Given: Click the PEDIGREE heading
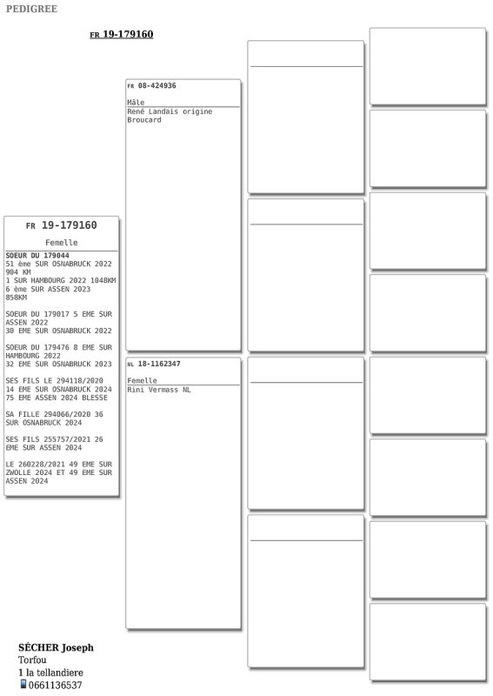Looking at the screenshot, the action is [x=31, y=10].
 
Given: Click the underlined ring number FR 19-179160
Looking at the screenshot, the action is [x=121, y=35].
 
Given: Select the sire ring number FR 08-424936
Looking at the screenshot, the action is [x=151, y=86].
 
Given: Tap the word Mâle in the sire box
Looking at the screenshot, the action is [x=136, y=103].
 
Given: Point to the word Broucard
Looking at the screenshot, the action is [x=144, y=120].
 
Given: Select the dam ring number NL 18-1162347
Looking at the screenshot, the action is [x=154, y=364].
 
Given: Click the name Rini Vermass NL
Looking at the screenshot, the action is [x=159, y=390].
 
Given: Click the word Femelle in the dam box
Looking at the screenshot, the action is [x=142, y=381].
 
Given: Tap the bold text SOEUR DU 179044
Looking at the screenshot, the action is [x=37, y=256].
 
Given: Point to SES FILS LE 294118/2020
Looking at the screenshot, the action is [x=54, y=381].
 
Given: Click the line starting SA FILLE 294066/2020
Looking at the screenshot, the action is [x=54, y=414].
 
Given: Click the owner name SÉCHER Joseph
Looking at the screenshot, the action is [x=56, y=647].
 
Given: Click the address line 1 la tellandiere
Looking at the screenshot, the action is [x=50, y=673].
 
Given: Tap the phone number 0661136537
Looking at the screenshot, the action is [x=56, y=686].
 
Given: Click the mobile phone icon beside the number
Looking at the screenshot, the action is [x=23, y=685].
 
